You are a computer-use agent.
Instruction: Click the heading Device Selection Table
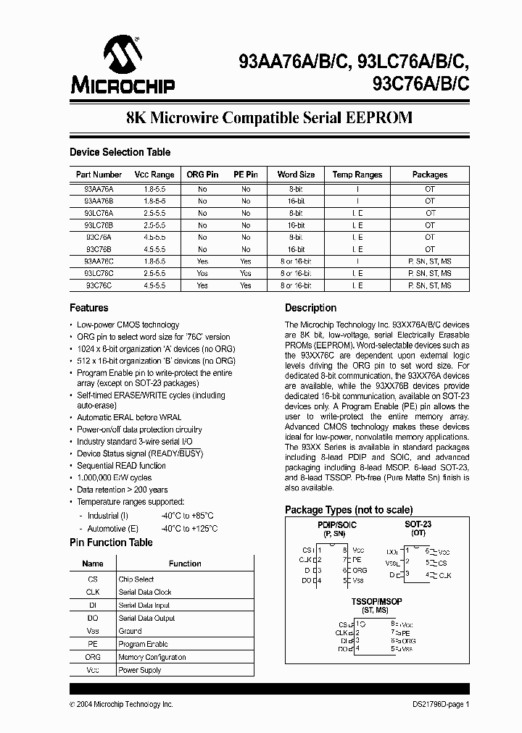(120, 152)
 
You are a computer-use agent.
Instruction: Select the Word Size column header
(296, 175)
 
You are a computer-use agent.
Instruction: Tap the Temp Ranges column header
(357, 175)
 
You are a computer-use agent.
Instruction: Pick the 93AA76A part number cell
(99, 188)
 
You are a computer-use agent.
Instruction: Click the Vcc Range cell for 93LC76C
(154, 274)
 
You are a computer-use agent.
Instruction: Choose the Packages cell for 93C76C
(430, 286)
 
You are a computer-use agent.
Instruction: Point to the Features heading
(89, 308)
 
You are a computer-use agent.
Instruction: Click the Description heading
(310, 308)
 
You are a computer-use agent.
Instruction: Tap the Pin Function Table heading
(111, 543)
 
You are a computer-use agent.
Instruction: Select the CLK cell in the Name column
(93, 592)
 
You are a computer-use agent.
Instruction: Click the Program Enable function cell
(143, 645)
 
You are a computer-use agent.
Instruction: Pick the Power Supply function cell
(140, 671)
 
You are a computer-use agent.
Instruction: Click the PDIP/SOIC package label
(337, 524)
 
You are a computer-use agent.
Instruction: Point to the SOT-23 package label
(418, 524)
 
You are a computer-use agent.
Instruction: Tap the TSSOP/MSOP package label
(376, 602)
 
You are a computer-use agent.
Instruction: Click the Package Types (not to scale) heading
(349, 510)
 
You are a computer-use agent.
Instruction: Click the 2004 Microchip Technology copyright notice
(121, 704)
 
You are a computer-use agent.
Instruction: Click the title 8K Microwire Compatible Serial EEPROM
(269, 118)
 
